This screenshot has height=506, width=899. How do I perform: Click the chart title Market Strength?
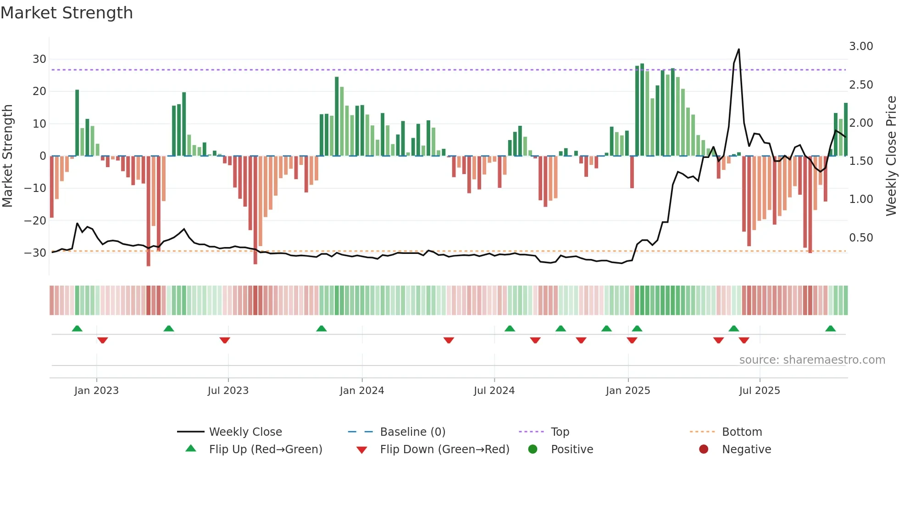tap(67, 13)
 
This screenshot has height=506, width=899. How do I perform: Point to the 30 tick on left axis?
tap(39, 59)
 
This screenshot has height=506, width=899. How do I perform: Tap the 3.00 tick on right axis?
tap(861, 46)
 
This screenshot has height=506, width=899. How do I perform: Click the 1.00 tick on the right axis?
tap(861, 199)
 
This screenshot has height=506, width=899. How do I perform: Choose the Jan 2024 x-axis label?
tap(362, 391)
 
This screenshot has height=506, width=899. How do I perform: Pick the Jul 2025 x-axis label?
tap(760, 391)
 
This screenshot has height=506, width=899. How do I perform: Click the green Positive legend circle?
tap(533, 449)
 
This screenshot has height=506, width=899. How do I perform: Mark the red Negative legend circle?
tap(704, 449)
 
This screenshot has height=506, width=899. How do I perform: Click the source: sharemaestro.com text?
tap(812, 360)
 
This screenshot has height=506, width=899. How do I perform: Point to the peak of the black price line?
tap(738, 49)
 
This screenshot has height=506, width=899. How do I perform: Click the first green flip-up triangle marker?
tap(77, 328)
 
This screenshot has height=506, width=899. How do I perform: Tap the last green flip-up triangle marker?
tap(830, 328)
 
